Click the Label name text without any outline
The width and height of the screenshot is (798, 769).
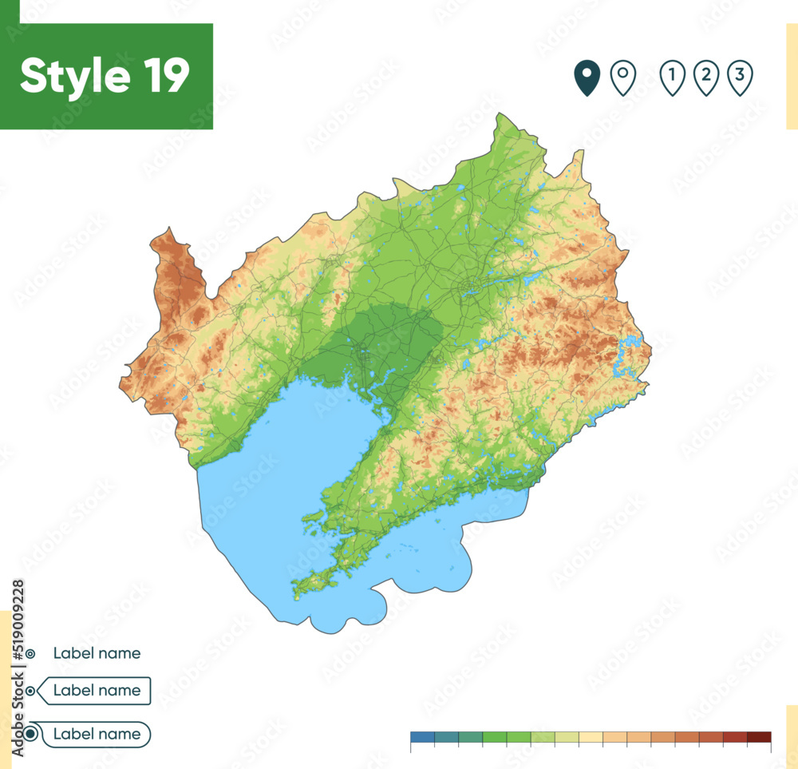97,653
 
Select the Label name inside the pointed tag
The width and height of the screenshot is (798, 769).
97,691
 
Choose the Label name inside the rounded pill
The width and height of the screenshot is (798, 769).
97,734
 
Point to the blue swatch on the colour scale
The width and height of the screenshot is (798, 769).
422,737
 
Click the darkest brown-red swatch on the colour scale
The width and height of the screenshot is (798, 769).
759,737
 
